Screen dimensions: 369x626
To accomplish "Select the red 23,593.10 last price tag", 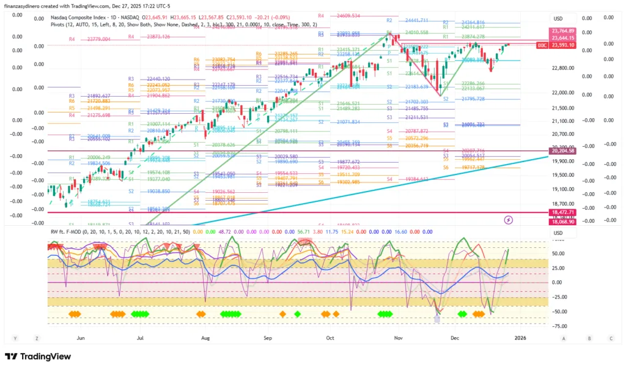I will [x=562, y=45].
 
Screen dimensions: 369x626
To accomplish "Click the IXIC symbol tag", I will [x=542, y=45].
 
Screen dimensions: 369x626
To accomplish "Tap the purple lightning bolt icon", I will [x=509, y=219].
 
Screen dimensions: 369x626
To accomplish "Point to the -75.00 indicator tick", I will [x=556, y=326].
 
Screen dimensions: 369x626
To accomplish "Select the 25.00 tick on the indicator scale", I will [x=556, y=267].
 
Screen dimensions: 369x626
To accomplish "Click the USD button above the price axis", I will [x=558, y=18].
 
